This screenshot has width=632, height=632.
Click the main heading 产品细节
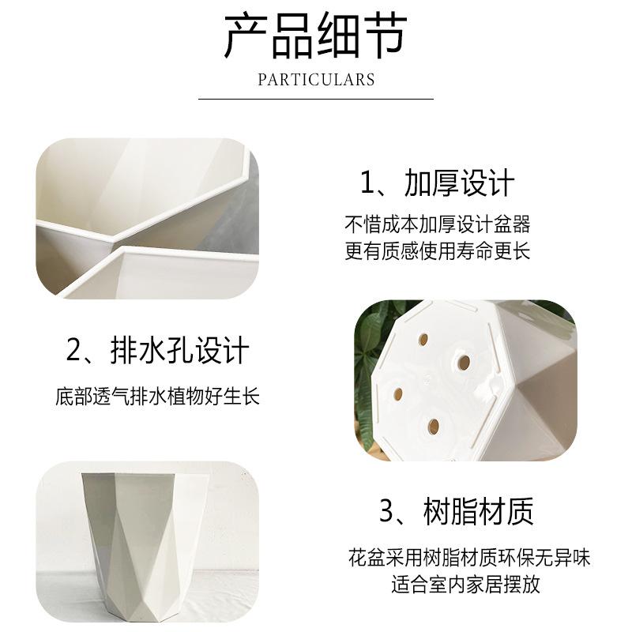coord(315,36)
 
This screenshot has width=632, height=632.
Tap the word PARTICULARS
coord(317,80)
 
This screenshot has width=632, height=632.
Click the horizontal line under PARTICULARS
coord(316,99)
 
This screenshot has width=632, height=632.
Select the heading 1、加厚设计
coord(438,183)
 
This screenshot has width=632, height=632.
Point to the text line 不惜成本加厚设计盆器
coord(438,224)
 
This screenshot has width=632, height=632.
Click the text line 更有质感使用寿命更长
coord(438,250)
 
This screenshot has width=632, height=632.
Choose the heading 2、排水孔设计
coord(157,351)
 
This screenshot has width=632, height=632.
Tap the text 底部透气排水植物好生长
coord(157,397)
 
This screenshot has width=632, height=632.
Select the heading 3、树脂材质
coord(457,511)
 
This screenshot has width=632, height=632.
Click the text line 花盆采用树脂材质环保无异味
coord(468,558)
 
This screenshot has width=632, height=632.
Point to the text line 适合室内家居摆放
coord(465,585)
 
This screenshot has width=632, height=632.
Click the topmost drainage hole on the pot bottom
coord(423,340)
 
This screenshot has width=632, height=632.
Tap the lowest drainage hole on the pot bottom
coord(434,427)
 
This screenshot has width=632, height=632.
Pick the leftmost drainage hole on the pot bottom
coord(398,393)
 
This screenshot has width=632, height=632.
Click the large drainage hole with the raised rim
coord(464,363)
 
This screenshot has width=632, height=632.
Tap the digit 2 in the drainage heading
coord(73,351)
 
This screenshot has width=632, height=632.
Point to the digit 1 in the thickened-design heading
coord(367,183)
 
